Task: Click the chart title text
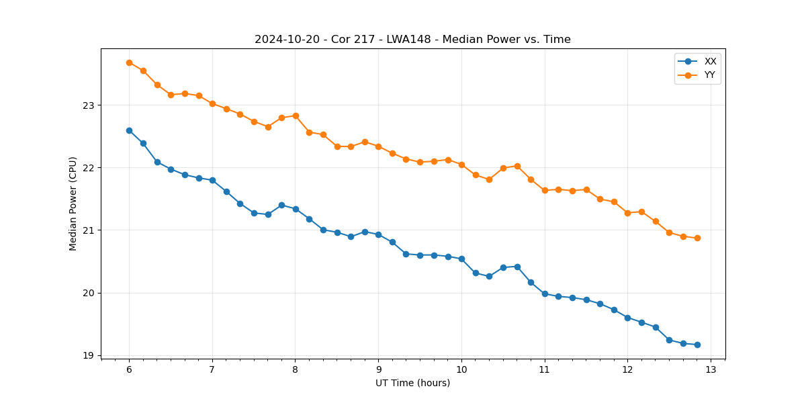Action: (x=412, y=40)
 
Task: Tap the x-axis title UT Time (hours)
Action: (x=412, y=383)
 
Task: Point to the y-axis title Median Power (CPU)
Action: (x=73, y=204)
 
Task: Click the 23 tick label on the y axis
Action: (x=89, y=105)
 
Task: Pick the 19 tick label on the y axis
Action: (x=89, y=355)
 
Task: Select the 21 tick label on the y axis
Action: (x=89, y=230)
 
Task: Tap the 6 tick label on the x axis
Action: (x=129, y=370)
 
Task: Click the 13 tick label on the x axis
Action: (x=711, y=370)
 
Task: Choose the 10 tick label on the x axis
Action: (x=461, y=370)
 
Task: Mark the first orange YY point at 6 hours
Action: (x=129, y=62)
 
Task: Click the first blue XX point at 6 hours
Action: (x=129, y=130)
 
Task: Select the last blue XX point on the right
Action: (x=697, y=345)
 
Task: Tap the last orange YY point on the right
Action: (x=697, y=238)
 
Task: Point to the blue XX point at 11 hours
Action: (x=545, y=294)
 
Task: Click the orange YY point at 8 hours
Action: (x=296, y=116)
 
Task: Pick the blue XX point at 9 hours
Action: (x=378, y=234)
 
